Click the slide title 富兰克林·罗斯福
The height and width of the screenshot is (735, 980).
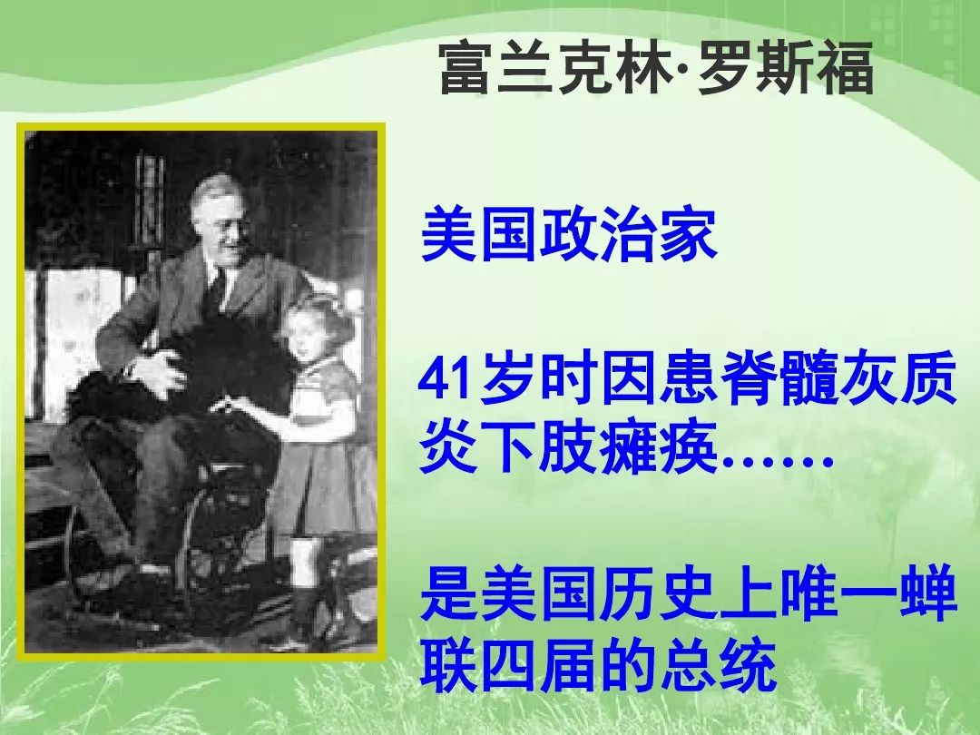tap(656, 68)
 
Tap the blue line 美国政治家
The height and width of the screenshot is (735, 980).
tap(569, 236)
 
